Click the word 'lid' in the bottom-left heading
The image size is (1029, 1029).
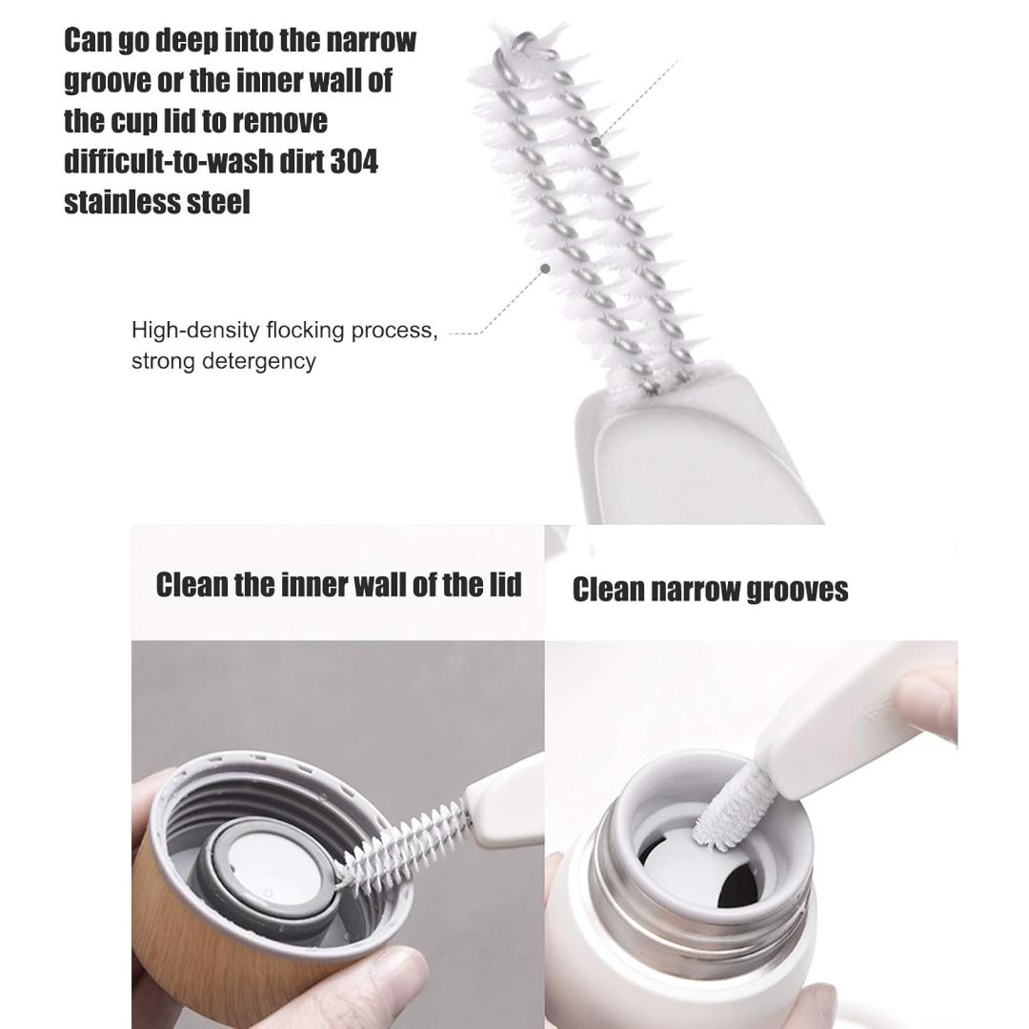click(505, 584)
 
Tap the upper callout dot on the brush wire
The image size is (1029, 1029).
click(595, 141)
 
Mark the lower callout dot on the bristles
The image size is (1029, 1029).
click(545, 269)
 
